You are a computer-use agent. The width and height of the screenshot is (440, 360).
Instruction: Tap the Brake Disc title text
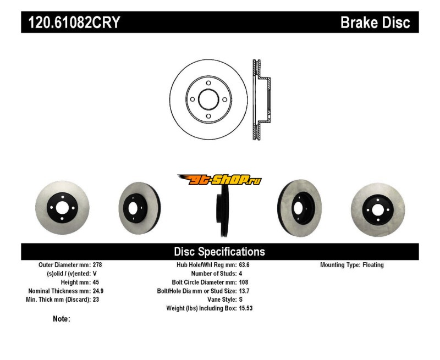[375, 23]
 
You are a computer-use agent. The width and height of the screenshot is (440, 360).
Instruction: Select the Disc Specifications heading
[219, 252]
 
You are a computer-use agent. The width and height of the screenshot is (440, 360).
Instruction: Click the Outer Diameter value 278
[97, 265]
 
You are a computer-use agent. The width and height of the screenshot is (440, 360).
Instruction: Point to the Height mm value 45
[96, 283]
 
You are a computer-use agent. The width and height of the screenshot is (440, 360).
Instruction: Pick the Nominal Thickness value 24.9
[98, 291]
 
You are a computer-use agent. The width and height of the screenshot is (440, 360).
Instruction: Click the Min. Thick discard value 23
[96, 300]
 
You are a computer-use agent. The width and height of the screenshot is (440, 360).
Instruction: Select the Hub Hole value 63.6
[244, 265]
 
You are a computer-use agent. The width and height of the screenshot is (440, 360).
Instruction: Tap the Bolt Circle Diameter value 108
[243, 283]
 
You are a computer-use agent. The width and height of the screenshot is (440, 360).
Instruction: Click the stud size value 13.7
[244, 291]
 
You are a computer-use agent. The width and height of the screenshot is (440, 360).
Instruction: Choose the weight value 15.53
[246, 309]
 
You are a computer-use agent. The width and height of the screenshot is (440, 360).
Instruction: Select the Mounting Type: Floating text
[352, 265]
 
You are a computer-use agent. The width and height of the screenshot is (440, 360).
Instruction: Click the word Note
[61, 319]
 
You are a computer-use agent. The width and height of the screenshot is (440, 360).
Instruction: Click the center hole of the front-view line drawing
[208, 99]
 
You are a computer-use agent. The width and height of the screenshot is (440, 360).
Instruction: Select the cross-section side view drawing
[262, 99]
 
